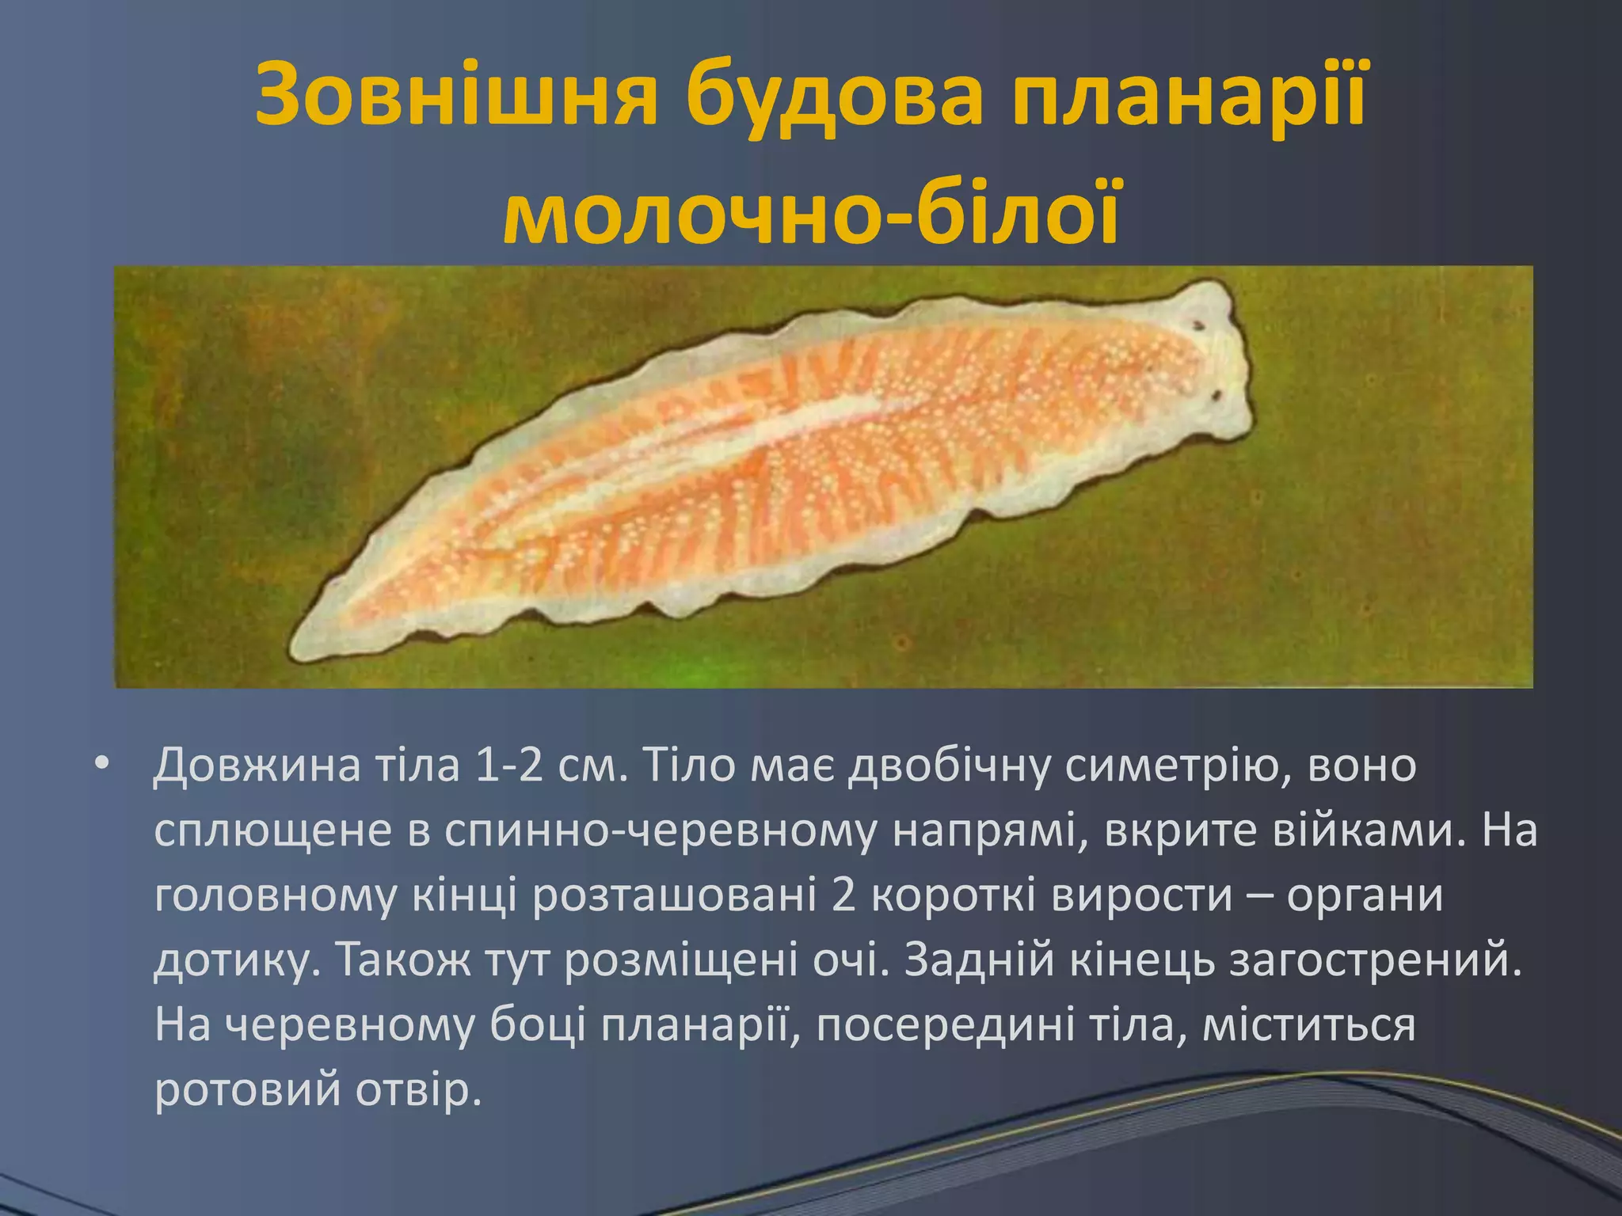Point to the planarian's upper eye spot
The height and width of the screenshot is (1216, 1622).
1198,325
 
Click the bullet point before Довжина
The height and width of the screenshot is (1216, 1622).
101,764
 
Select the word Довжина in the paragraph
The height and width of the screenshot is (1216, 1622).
257,766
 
